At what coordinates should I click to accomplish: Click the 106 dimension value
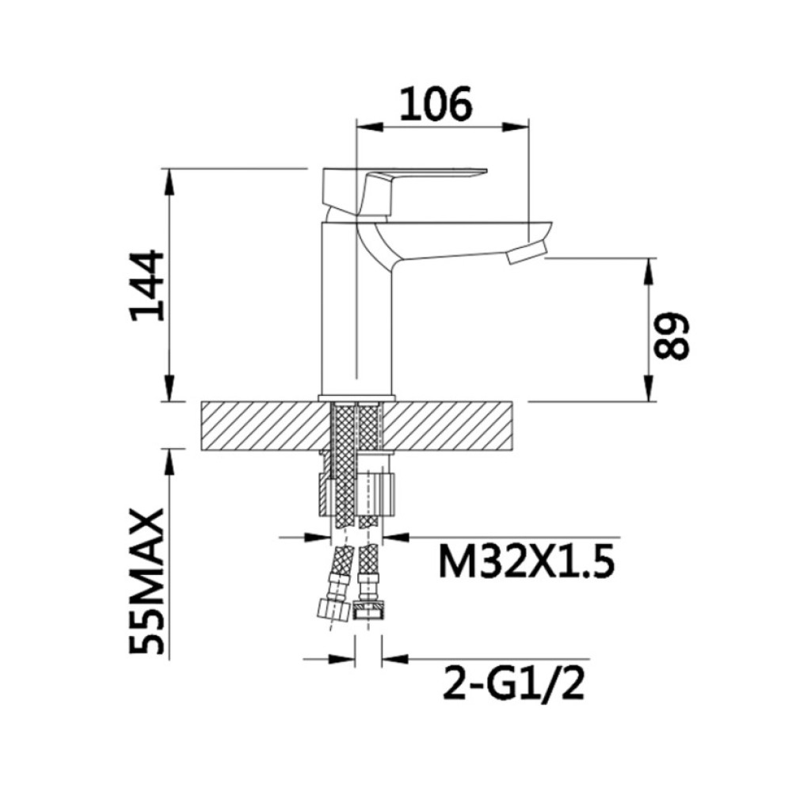pyautogui.click(x=436, y=104)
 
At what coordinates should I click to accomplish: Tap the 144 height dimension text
pyautogui.click(x=147, y=286)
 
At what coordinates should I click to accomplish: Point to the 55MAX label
pyautogui.click(x=147, y=581)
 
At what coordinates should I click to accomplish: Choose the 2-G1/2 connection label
pyautogui.click(x=513, y=683)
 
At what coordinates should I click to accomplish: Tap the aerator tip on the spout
pyautogui.click(x=527, y=252)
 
